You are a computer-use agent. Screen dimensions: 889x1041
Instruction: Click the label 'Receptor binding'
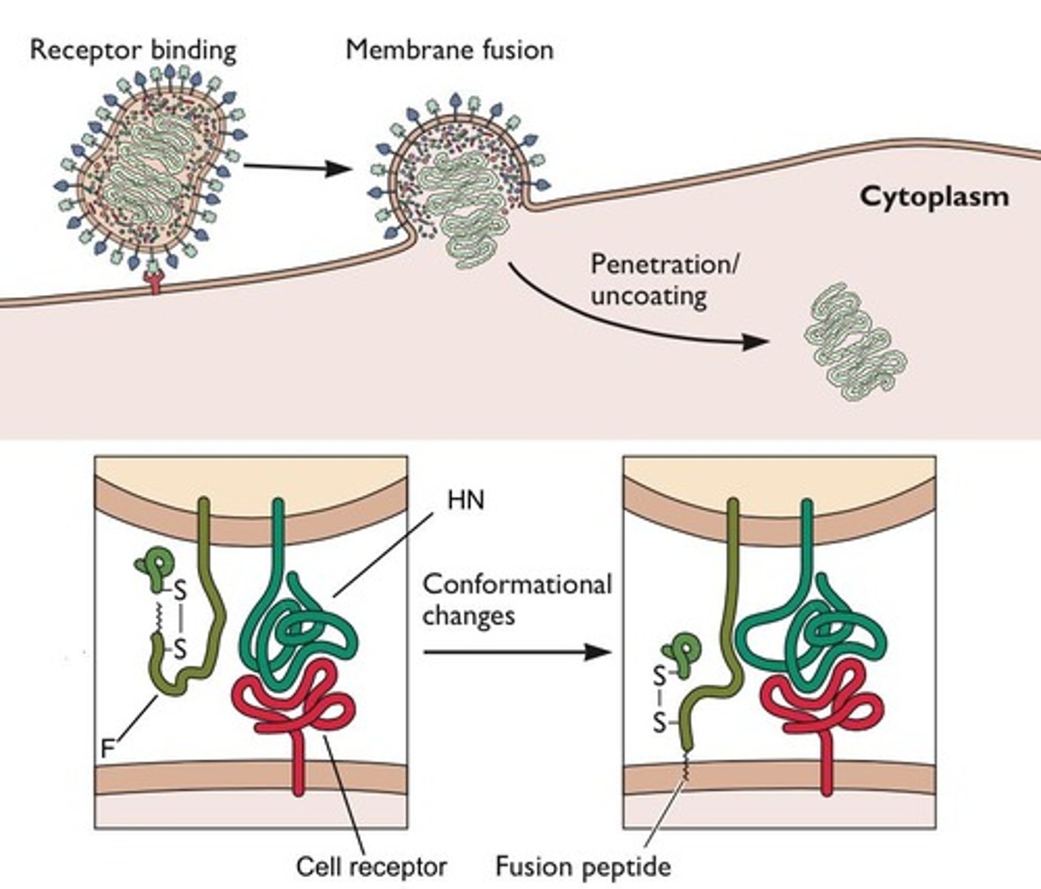click(133, 50)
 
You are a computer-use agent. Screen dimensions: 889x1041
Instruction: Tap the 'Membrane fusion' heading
click(449, 50)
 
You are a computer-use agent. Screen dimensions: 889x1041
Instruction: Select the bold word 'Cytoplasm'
click(934, 197)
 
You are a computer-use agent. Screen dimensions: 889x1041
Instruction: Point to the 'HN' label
click(465, 500)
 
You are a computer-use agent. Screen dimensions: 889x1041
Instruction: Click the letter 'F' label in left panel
click(107, 749)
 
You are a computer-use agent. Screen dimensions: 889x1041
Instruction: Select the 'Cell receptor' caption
click(370, 866)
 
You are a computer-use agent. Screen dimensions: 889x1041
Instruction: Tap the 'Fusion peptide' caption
click(582, 866)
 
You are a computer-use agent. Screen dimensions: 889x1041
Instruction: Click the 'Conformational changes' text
click(516, 599)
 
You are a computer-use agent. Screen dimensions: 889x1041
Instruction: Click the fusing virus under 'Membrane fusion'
click(456, 178)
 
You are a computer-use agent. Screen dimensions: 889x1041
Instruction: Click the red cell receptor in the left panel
click(296, 711)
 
